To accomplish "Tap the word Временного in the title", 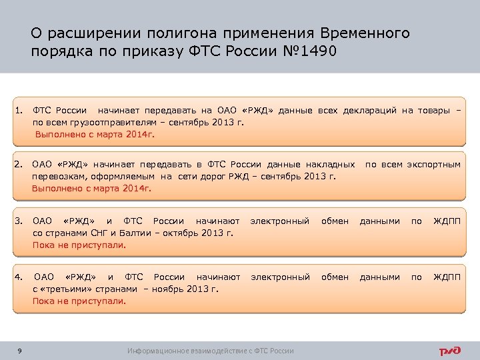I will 365,33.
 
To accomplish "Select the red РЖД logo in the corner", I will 450,351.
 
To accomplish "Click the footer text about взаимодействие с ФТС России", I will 211,351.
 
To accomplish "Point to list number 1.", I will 20,110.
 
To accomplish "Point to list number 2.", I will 20,164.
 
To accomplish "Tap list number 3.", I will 20,221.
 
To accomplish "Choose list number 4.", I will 20,277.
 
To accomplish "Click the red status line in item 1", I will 95,134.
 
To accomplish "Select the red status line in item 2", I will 92,188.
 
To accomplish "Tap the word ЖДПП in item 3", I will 447,221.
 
